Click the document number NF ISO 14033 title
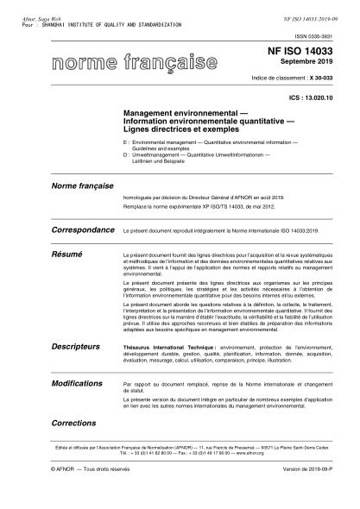[306, 53]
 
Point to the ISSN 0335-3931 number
[325, 35]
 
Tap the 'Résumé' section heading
[66, 255]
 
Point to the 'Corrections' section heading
[73, 424]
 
